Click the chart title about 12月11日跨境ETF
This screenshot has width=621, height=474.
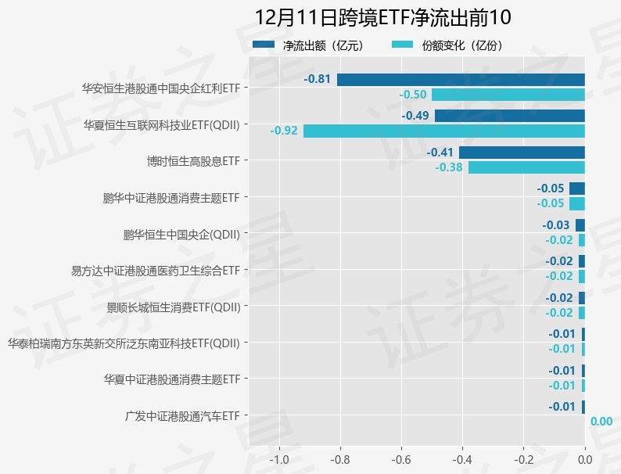pyautogui.click(x=382, y=18)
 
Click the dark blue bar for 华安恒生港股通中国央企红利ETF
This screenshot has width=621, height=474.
pyautogui.click(x=461, y=79)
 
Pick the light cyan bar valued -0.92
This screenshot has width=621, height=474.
pyautogui.click(x=443, y=131)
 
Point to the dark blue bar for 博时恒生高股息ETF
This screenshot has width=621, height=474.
pyautogui.click(x=522, y=153)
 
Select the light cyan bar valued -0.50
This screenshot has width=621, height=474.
pyautogui.click(x=508, y=95)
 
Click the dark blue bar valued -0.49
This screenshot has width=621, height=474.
pyautogui.click(x=509, y=116)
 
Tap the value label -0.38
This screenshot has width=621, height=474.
pyautogui.click(x=449, y=167)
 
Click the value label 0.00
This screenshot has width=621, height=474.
pyautogui.click(x=601, y=422)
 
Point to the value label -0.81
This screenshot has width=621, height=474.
pyautogui.click(x=318, y=79)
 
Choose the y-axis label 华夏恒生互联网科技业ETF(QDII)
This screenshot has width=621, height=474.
pyautogui.click(x=161, y=124)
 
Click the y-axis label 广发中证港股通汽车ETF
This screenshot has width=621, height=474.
pyautogui.click(x=181, y=415)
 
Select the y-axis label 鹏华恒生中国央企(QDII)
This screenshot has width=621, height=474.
pyautogui.click(x=181, y=233)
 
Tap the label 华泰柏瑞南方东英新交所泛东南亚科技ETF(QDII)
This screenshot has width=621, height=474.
pyautogui.click(x=124, y=343)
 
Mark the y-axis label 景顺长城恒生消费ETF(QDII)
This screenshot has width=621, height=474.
pyautogui.click(x=173, y=306)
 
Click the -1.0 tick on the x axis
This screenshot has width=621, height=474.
pyautogui.click(x=279, y=459)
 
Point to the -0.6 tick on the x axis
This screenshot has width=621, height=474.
pyautogui.click(x=401, y=459)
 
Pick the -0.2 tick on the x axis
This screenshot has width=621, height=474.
pyautogui.click(x=523, y=459)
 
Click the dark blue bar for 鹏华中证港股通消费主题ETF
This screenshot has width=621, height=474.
pyautogui.click(x=577, y=189)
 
